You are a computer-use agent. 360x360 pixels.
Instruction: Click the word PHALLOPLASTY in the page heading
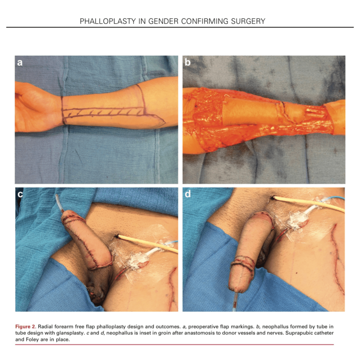coord(108,21)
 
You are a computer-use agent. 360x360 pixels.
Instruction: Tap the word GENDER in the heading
coord(163,21)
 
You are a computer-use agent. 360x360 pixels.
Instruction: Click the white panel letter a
coord(20,63)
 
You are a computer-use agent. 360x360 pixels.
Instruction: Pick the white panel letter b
coord(188,62)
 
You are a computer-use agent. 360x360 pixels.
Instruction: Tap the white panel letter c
coord(20,194)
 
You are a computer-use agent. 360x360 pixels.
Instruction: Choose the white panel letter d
coord(188,194)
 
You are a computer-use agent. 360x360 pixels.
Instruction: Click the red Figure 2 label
coord(26,327)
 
